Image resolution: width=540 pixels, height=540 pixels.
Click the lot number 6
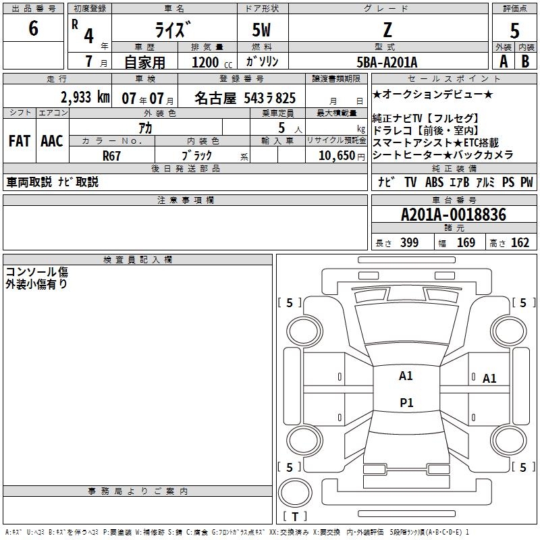33,28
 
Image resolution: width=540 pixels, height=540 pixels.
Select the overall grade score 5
514,30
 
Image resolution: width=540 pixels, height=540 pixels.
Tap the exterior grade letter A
504,61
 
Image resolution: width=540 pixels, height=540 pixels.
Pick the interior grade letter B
525,61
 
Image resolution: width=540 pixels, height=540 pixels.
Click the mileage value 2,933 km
85,97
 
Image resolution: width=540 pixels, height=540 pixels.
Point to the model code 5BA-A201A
387,62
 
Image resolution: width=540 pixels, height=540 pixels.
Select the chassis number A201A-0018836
454,215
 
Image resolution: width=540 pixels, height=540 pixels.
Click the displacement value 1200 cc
212,62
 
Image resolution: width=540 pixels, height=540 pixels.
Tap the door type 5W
261,30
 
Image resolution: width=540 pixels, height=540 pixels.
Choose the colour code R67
111,156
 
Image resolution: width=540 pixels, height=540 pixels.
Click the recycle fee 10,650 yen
342,155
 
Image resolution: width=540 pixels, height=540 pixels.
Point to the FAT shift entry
20,141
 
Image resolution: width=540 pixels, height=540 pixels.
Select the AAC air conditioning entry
52,141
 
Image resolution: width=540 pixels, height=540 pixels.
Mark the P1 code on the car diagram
406,402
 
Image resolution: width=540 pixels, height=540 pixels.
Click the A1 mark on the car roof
406,376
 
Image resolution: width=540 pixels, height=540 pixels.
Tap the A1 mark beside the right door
489,379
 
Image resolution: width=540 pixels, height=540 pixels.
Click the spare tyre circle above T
295,493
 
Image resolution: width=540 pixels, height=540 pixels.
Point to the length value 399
410,242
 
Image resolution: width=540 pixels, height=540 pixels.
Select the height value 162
520,242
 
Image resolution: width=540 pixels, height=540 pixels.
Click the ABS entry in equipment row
434,182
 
